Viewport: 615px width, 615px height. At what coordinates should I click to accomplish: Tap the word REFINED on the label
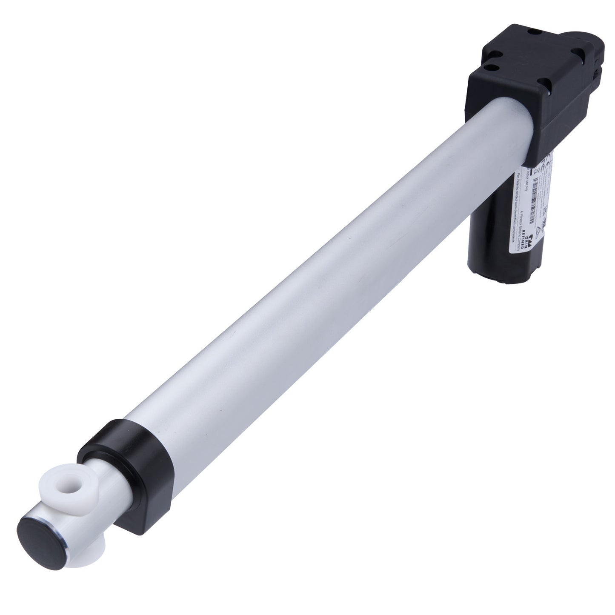(522, 239)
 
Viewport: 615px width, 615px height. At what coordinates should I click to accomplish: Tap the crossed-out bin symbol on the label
(536, 171)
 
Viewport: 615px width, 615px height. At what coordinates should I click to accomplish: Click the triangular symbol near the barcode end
(539, 230)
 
